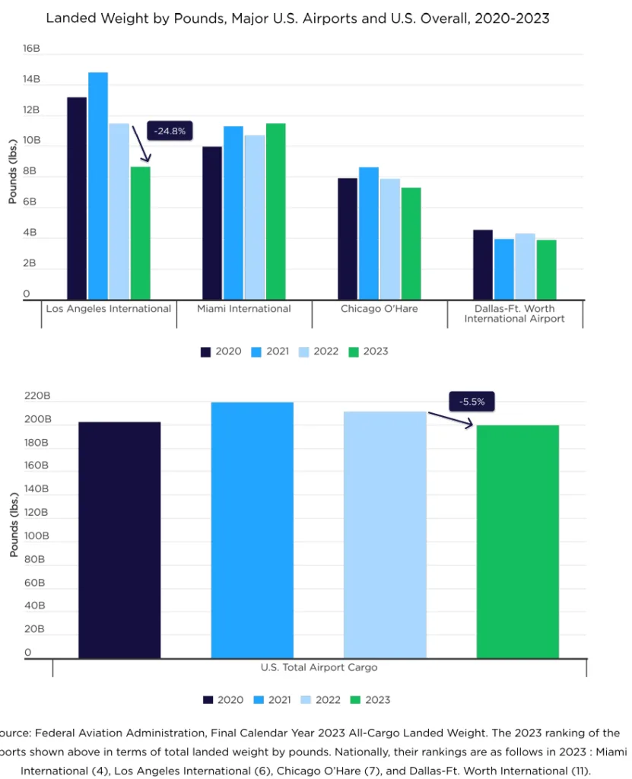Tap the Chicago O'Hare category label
(x=379, y=309)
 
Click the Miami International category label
(x=243, y=309)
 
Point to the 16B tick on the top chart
(x=30, y=49)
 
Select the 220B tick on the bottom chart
(x=37, y=396)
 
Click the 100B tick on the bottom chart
(x=37, y=536)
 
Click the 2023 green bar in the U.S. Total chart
(x=517, y=541)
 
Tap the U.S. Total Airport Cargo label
(x=319, y=667)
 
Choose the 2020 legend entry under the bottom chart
(x=223, y=700)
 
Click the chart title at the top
(x=297, y=17)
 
